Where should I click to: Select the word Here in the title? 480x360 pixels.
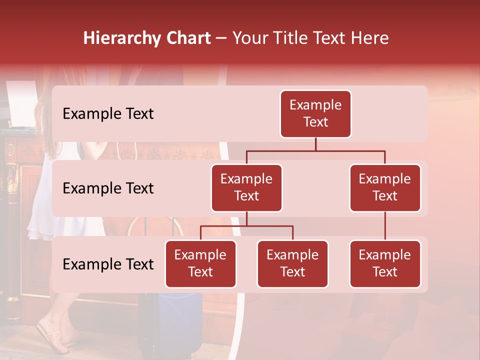point(369,38)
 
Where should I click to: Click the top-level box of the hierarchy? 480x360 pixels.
point(315,113)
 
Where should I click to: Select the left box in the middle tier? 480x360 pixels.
point(246,187)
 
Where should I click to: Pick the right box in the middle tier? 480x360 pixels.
point(385,187)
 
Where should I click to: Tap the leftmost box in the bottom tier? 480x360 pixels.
point(200,263)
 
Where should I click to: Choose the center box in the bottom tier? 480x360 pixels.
point(292,263)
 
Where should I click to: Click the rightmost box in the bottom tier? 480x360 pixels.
point(385,263)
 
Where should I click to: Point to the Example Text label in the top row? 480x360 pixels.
point(108,114)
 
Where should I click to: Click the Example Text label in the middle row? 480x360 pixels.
point(108,188)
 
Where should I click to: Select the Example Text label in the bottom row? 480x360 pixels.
point(108,264)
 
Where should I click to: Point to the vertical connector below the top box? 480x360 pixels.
point(315,144)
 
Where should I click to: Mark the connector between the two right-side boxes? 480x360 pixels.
point(385,226)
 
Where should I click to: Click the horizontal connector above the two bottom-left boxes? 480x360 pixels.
point(246,226)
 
